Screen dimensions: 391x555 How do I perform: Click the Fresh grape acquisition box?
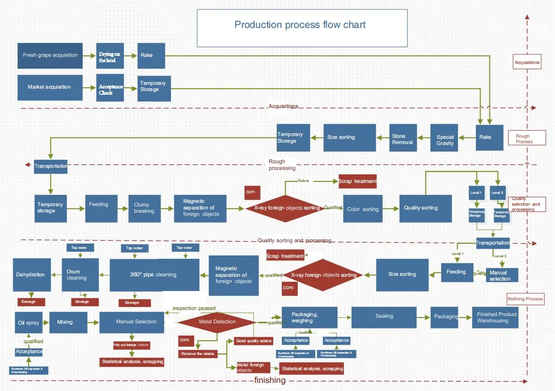click(50, 55)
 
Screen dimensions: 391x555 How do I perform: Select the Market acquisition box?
click(49, 87)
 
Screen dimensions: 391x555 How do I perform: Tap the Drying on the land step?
click(110, 57)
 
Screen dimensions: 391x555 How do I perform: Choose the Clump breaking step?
click(144, 208)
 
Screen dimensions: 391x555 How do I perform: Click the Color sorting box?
click(363, 209)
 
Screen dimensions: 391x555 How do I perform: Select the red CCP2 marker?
click(288, 288)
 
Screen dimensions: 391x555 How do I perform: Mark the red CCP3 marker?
click(184, 340)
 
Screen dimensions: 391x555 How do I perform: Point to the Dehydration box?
click(31, 275)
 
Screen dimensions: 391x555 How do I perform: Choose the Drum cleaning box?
click(80, 275)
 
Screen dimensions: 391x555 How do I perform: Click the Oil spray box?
click(28, 322)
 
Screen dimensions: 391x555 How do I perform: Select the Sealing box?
click(384, 316)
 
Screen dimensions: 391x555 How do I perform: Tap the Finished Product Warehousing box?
click(495, 318)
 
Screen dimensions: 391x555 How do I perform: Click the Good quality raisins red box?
click(253, 341)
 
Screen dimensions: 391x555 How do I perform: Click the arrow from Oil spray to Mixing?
click(45, 322)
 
